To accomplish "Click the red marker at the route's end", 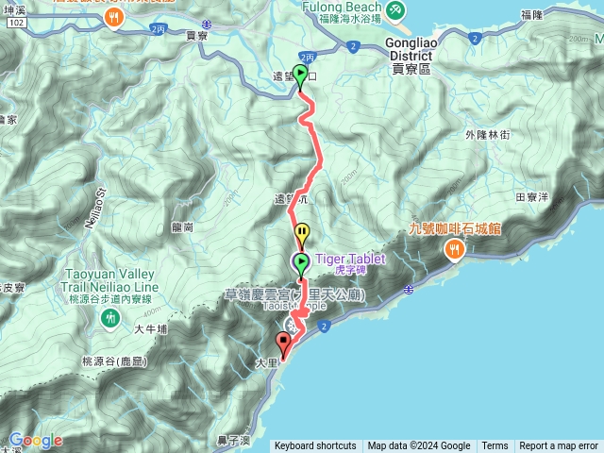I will [283, 344].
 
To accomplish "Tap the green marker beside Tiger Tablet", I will [301, 263].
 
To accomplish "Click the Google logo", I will [36, 441].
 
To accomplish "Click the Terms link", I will [495, 446].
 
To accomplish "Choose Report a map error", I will [559, 446].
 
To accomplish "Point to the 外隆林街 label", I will [487, 135].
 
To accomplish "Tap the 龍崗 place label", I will [183, 226].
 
